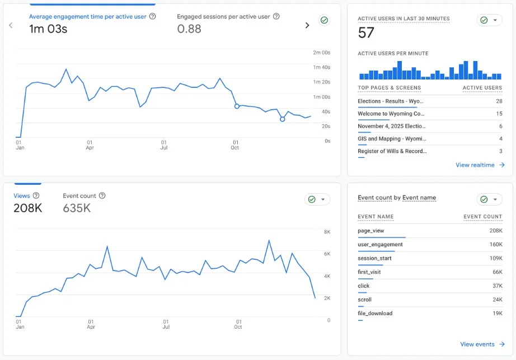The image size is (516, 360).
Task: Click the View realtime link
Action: [480, 165]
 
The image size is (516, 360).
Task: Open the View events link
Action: [482, 344]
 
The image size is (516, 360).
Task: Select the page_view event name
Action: [371, 231]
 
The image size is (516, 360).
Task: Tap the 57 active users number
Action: [366, 34]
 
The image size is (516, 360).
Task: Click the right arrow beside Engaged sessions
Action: [307, 25]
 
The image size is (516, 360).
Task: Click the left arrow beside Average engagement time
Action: [11, 25]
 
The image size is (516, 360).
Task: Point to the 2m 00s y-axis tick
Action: [321, 53]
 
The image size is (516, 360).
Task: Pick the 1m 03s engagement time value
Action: [48, 29]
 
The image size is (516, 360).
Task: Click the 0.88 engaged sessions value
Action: [189, 29]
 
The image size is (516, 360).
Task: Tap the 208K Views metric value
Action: [27, 208]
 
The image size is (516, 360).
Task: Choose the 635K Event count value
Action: [77, 208]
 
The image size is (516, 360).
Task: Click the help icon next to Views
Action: [36, 196]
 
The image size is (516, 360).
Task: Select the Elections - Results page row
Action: [391, 101]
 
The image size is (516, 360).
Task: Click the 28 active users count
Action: [499, 101]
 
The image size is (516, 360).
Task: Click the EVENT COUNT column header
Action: [482, 217]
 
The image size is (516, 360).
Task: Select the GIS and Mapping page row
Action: [392, 139]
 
